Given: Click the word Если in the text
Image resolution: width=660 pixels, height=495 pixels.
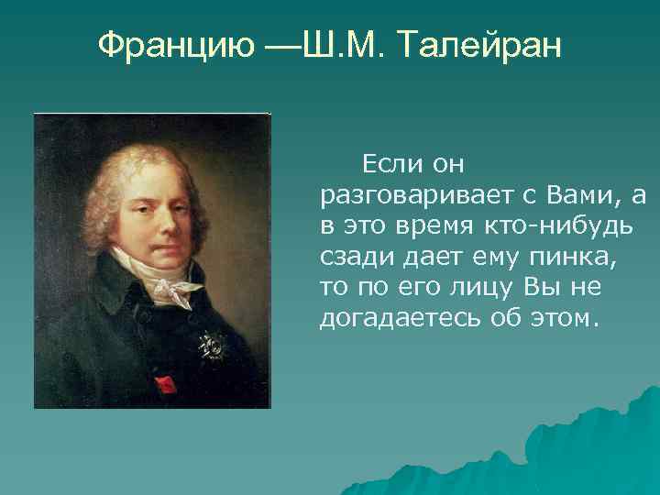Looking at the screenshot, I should click(390, 165).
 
